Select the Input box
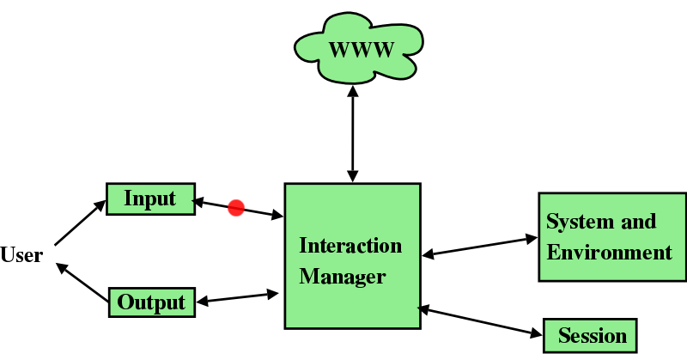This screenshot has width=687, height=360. (151, 199)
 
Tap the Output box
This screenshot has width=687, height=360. (152, 302)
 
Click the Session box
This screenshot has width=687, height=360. (592, 334)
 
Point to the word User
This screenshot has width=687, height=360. (21, 255)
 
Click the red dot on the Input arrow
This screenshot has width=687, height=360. (236, 207)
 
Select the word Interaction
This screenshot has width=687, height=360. (350, 246)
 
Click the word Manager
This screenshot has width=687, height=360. (343, 278)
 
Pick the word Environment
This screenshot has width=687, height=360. (610, 253)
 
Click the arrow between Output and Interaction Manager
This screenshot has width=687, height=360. (238, 297)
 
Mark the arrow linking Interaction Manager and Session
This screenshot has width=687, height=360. (481, 320)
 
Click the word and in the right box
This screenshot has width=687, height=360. (639, 222)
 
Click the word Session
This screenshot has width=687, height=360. (593, 335)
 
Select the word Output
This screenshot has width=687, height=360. (152, 302)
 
